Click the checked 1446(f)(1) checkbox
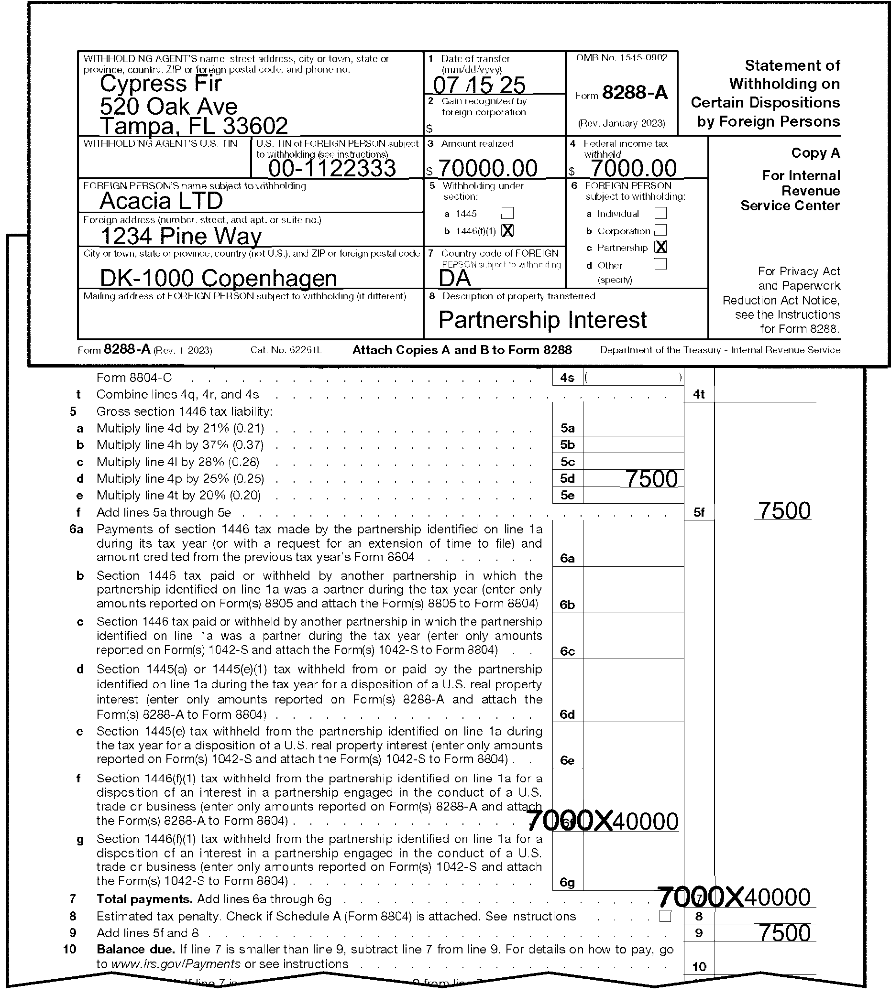[508, 230]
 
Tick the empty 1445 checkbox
[508, 213]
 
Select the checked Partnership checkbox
[660, 247]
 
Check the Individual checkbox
[660, 213]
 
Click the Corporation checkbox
[660, 230]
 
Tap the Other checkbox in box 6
[660, 264]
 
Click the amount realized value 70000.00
[488, 168]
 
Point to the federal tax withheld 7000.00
[634, 168]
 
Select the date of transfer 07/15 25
[479, 85]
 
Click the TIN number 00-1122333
[332, 168]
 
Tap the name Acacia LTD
[161, 201]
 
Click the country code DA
[454, 278]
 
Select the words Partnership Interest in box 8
[542, 320]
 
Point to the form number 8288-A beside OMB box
[635, 92]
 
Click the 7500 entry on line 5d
[651, 479]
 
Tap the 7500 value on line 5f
[784, 511]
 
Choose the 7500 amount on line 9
[784, 933]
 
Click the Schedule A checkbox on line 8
[665, 916]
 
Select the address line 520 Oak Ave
[168, 106]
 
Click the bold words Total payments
[144, 899]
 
